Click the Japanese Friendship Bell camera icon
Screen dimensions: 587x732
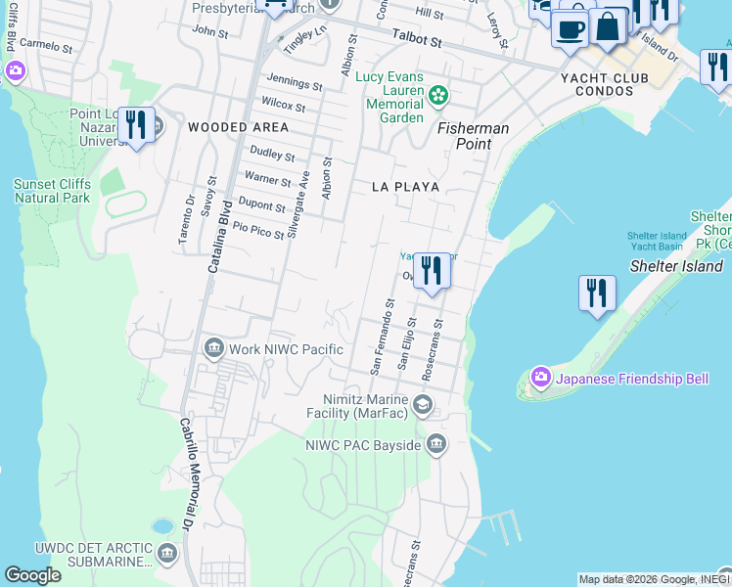[540, 378]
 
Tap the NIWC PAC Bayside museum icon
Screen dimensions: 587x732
[435, 446]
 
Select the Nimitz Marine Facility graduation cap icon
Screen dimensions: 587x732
[422, 405]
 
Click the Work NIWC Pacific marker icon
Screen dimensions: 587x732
[213, 349]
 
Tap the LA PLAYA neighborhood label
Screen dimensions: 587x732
[405, 186]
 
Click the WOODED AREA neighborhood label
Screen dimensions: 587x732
[238, 127]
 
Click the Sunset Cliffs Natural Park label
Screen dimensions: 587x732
[52, 191]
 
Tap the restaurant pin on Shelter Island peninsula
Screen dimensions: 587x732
[596, 293]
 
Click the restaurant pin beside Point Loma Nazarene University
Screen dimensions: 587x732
[135, 124]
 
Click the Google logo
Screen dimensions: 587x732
[32, 575]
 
